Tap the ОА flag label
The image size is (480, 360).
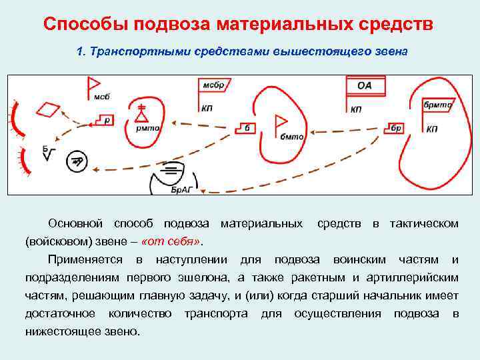coord(364,85)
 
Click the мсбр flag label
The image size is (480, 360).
coord(213,85)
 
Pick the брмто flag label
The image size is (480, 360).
coord(438,105)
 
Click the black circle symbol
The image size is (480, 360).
coord(76,161)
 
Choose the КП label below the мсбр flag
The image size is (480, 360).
coord(206,109)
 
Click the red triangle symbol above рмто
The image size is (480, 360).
coord(141,115)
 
